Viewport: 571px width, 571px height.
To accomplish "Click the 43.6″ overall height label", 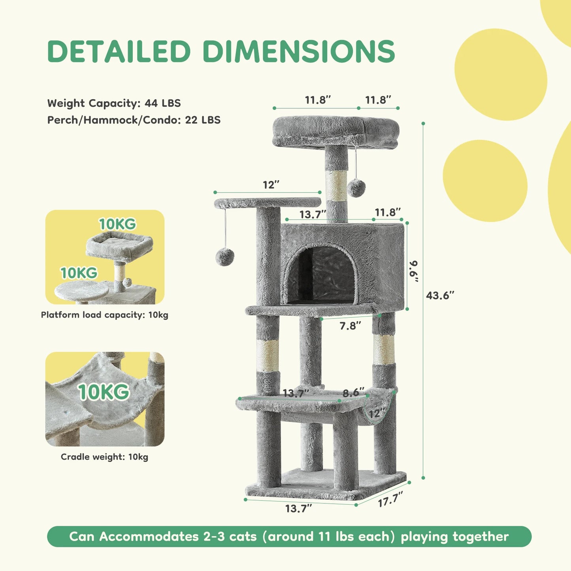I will point(440,295).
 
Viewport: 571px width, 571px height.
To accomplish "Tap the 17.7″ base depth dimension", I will point(390,499).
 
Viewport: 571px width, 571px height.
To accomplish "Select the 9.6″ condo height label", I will point(414,271).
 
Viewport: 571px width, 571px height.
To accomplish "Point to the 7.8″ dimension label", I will point(350,326).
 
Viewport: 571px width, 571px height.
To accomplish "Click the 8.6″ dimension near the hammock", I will point(353,392).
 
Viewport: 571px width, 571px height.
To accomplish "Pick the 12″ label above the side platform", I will point(271,185).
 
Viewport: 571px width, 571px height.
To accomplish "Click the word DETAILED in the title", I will point(119,51).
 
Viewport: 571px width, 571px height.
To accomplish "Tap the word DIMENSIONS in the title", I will point(299,51).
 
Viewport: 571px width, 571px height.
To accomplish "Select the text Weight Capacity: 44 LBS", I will point(114,103).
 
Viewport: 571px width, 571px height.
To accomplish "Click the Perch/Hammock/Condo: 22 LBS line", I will point(134,120).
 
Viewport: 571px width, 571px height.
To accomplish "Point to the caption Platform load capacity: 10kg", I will point(105,315).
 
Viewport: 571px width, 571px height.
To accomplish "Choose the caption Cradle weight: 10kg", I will point(104,457).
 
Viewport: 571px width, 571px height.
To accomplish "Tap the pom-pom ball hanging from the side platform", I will point(225,257).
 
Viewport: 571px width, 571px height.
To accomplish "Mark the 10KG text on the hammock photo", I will point(104,392).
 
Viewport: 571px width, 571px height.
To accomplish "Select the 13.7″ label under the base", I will point(299,509).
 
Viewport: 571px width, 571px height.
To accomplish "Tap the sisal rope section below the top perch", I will point(336,185).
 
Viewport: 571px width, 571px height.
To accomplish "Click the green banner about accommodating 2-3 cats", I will point(289,536).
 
